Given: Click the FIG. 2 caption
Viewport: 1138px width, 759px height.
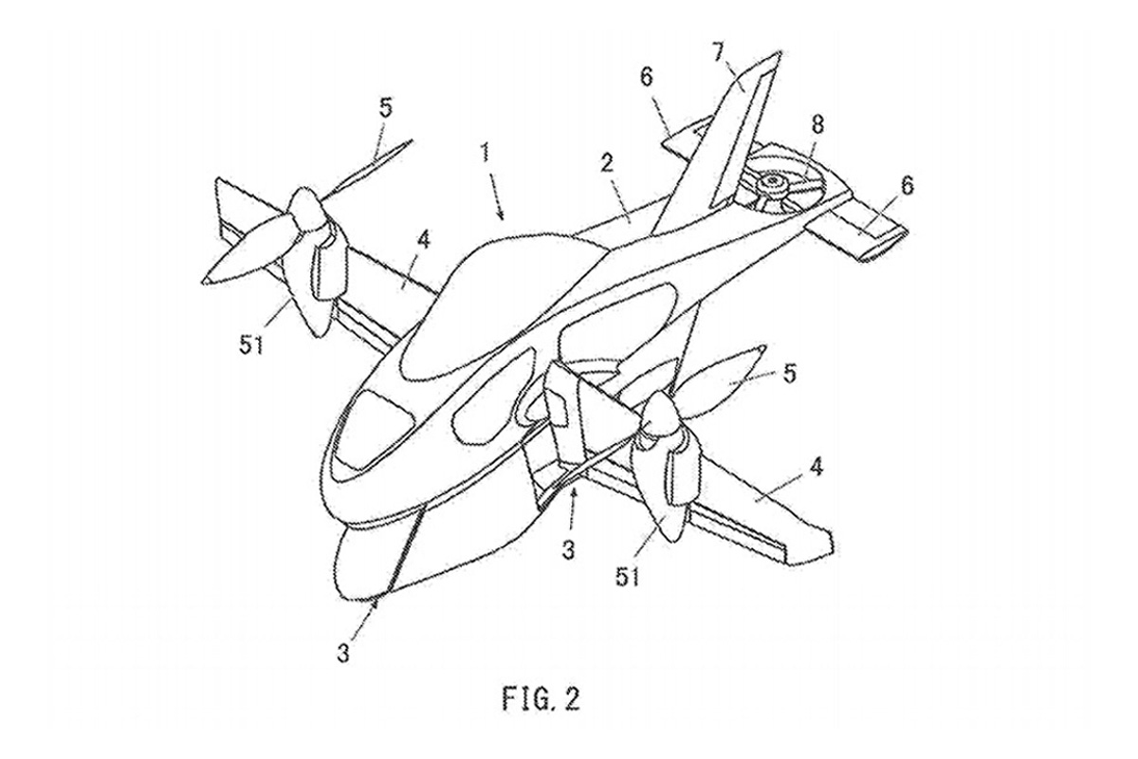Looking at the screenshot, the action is (x=541, y=698).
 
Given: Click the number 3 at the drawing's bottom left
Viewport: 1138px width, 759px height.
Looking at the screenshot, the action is (x=344, y=653).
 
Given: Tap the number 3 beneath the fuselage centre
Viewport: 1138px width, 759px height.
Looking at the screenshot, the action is (x=568, y=549).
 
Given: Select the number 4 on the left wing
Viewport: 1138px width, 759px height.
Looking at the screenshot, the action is (x=424, y=239).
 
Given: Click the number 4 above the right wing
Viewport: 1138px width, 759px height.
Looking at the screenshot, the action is (x=815, y=466).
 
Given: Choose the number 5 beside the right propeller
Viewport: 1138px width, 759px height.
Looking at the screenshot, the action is (x=788, y=374).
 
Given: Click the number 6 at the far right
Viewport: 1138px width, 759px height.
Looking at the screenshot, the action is (x=907, y=186).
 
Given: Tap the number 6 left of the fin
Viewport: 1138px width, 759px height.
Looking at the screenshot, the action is (x=646, y=77).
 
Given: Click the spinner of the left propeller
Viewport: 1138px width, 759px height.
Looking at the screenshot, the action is (x=303, y=209).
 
